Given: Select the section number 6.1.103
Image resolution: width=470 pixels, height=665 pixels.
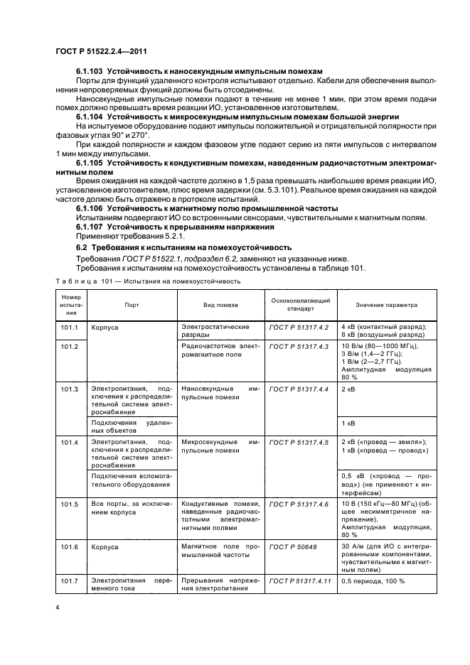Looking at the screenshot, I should click(x=90, y=71).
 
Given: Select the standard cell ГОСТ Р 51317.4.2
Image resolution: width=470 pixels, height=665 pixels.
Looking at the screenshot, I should click(x=299, y=327).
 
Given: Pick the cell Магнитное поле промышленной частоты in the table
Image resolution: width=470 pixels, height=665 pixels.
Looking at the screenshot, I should click(x=220, y=551).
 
